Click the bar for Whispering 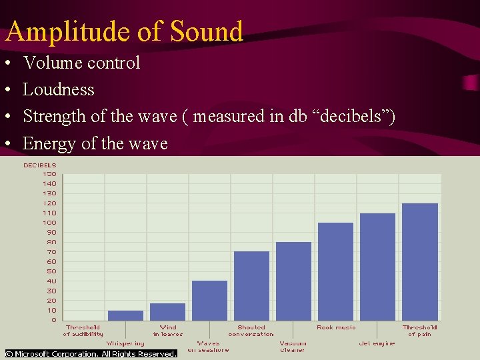[x=125, y=315]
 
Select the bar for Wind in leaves [x=167, y=312]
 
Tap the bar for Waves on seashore [x=209, y=301]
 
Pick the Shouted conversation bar [x=251, y=286]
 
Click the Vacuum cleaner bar [x=293, y=281]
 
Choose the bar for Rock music [x=335, y=271]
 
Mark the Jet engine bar [x=377, y=267]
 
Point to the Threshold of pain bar [x=419, y=262]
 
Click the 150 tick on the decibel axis [x=49, y=174]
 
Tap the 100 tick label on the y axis [x=49, y=223]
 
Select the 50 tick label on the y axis [x=50, y=271]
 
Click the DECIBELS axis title [x=40, y=165]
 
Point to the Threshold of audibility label [x=83, y=331]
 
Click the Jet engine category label [x=377, y=343]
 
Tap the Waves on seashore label [x=208, y=347]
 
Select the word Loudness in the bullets [x=59, y=89]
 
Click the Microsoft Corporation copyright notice [x=91, y=354]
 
